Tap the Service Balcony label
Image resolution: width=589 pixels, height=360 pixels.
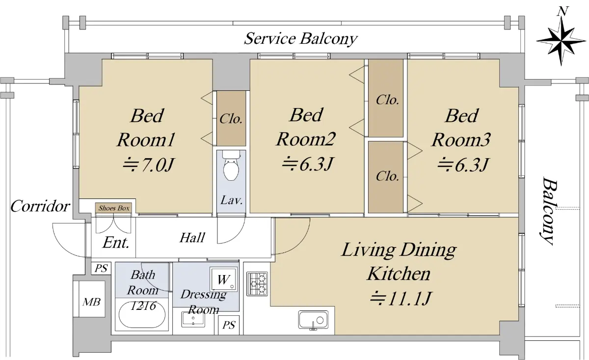[x=300, y=38]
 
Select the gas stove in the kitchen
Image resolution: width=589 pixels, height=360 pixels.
[x=257, y=283]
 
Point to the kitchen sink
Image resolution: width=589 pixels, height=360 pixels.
[x=313, y=320]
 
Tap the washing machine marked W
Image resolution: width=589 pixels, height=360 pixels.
[x=223, y=279]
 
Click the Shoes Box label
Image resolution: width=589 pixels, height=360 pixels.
[x=113, y=208]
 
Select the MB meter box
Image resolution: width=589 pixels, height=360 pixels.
[x=91, y=301]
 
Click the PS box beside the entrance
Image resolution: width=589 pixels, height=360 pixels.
[x=102, y=269]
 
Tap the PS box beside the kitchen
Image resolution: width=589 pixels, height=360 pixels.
[x=229, y=325]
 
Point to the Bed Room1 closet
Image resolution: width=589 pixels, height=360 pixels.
[x=231, y=118]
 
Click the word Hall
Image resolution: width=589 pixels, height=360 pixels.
[x=192, y=238]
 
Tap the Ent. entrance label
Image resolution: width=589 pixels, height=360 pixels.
[x=116, y=243]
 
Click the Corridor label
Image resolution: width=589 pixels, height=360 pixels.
[x=40, y=206]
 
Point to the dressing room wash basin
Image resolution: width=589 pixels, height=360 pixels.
[x=193, y=320]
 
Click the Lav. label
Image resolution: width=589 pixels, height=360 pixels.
[x=231, y=200]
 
